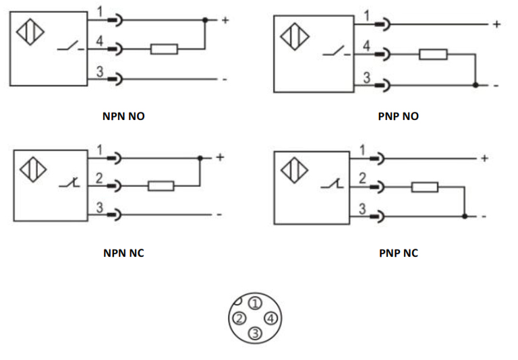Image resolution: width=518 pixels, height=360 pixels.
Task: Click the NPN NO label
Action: (123, 117)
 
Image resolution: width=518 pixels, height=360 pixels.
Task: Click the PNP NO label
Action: (398, 117)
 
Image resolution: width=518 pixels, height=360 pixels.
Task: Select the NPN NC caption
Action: (123, 253)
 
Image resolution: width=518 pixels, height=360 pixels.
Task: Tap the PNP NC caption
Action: (398, 253)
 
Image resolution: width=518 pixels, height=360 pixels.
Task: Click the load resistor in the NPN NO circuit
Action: (164, 49)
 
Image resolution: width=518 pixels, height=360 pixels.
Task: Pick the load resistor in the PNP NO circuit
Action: (432, 54)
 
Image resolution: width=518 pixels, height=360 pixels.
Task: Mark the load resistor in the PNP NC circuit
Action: (424, 187)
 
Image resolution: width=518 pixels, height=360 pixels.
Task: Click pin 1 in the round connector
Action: (256, 303)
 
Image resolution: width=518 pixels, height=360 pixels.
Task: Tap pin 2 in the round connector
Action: (239, 318)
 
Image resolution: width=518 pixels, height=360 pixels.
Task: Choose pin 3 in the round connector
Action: (254, 333)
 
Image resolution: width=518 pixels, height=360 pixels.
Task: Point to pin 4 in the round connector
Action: (270, 318)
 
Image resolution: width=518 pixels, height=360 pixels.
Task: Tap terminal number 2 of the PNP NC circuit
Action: (362, 179)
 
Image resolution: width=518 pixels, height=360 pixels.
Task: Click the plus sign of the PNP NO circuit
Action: (496, 24)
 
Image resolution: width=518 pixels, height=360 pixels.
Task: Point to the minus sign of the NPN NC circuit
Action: (219, 215)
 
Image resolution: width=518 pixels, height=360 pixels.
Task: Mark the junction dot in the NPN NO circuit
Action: (205, 20)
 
